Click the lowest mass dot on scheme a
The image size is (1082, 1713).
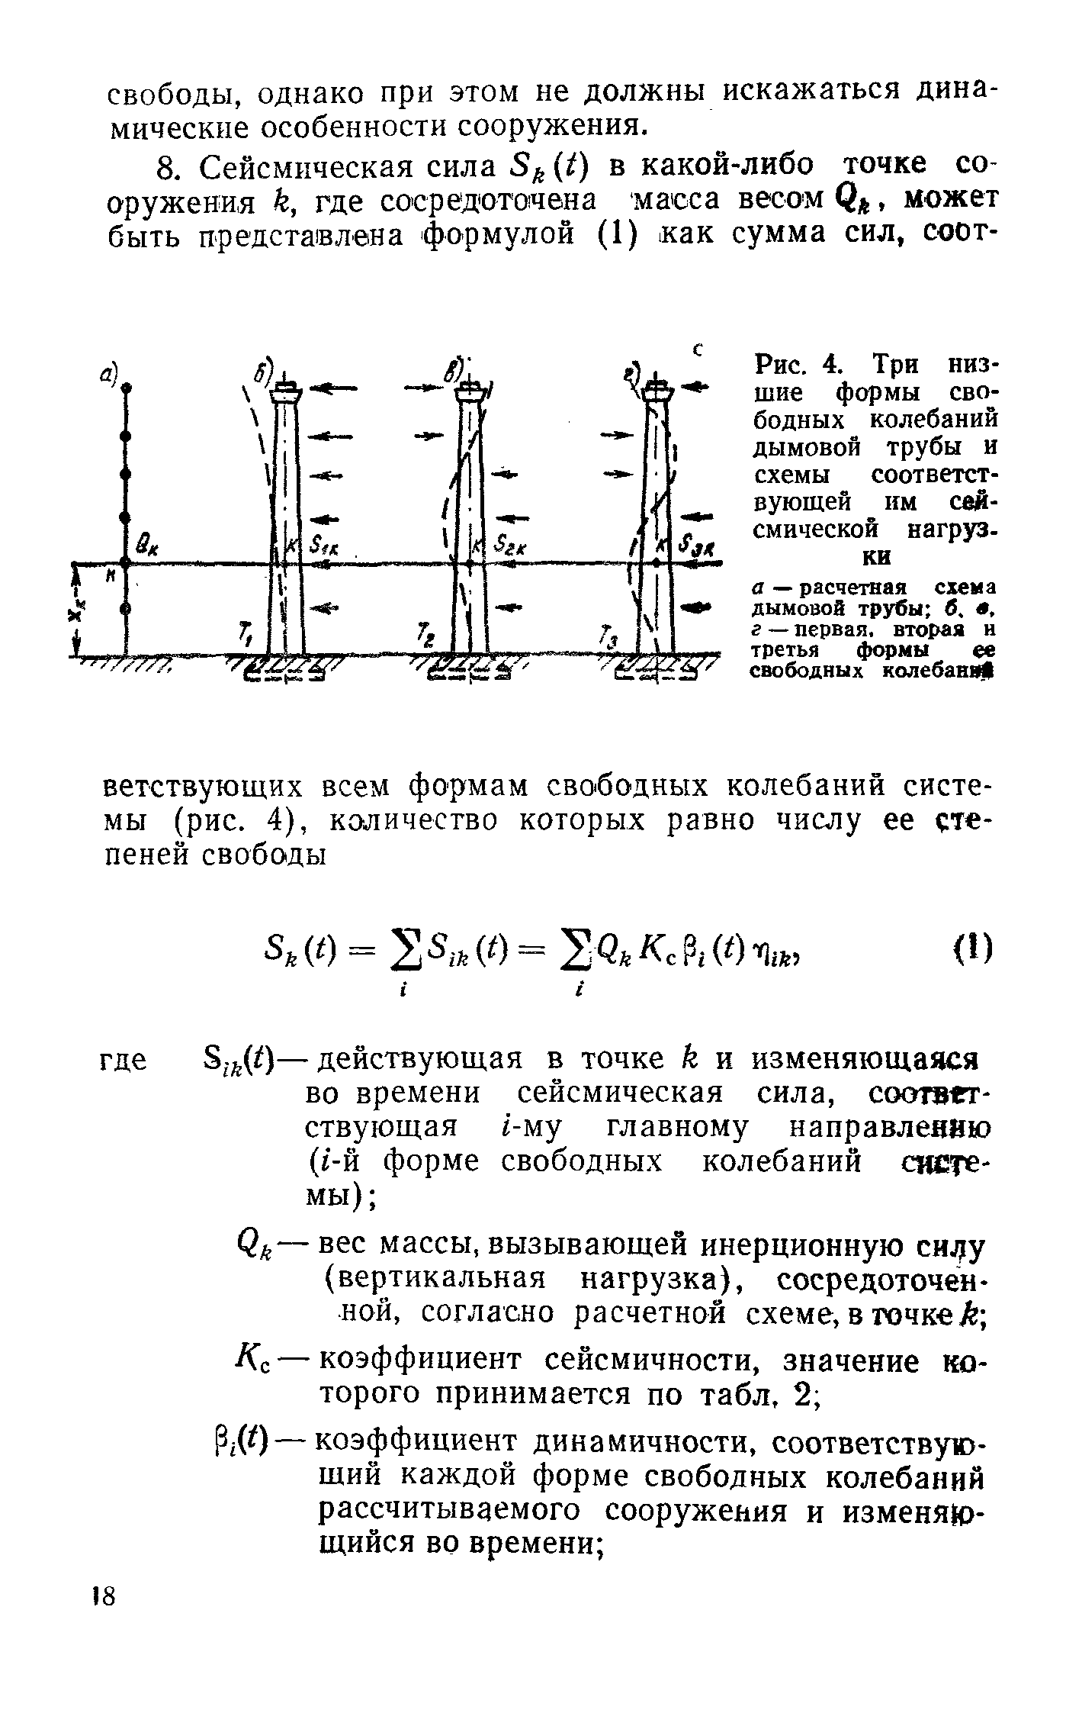click(x=125, y=609)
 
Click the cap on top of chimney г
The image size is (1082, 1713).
click(x=657, y=391)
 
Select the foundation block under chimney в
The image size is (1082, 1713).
click(x=470, y=668)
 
